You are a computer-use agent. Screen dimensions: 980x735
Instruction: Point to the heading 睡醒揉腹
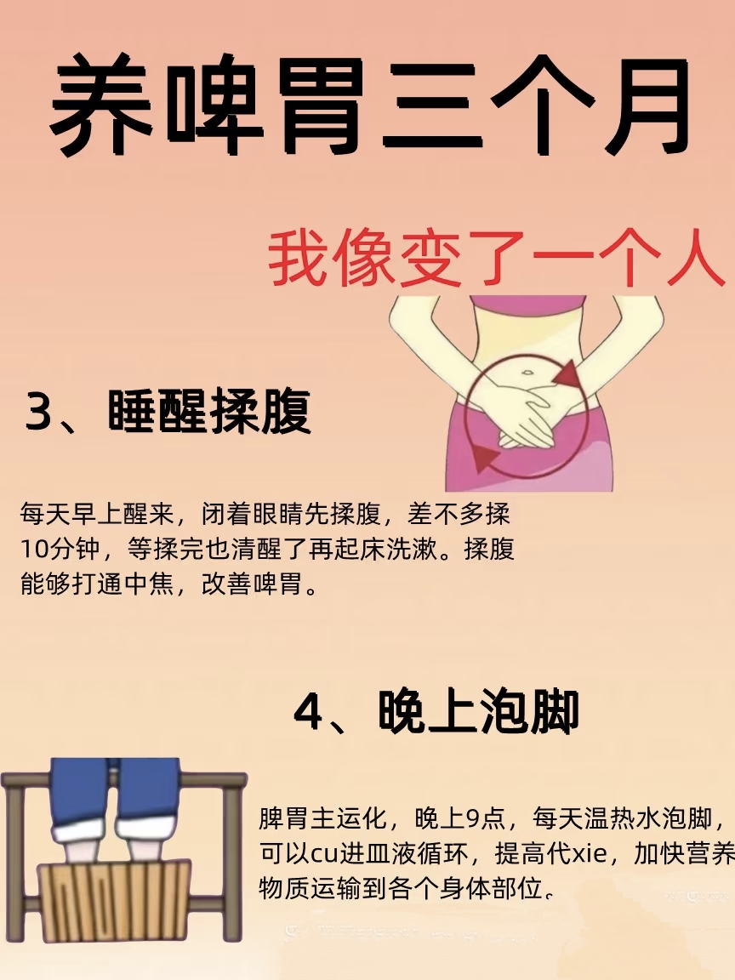click(209, 413)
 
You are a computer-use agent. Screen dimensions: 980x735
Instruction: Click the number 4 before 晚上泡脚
click(307, 713)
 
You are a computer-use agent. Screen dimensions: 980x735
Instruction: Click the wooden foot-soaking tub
click(115, 902)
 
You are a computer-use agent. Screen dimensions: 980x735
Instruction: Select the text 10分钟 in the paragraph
click(59, 550)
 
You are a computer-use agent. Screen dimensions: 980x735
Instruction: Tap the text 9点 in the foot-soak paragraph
click(485, 819)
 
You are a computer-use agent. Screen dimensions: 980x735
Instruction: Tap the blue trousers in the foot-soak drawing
click(115, 791)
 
